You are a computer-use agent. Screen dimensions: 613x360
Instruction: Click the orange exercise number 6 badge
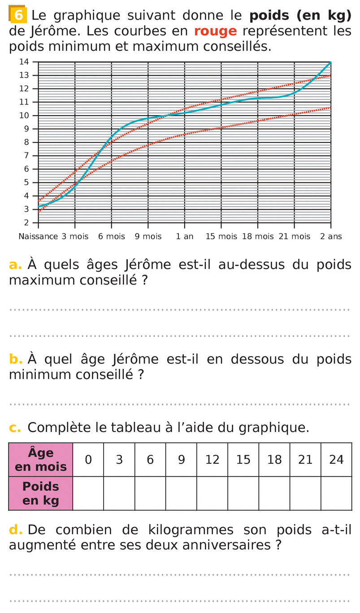pyautogui.click(x=18, y=16)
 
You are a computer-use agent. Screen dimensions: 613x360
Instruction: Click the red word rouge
pyautogui.click(x=215, y=31)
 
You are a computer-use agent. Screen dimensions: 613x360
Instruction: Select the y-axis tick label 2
pyautogui.click(x=26, y=223)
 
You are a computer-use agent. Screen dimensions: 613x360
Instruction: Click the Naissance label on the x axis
pyautogui.click(x=38, y=236)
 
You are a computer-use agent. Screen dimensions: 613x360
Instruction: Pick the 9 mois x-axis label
pyautogui.click(x=148, y=236)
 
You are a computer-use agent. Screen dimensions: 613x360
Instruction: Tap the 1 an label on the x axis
pyautogui.click(x=185, y=236)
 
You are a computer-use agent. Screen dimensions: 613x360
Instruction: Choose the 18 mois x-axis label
pyautogui.click(x=258, y=236)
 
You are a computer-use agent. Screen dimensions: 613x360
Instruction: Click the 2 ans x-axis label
pyautogui.click(x=331, y=236)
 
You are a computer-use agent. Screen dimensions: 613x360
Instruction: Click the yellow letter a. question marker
pyautogui.click(x=15, y=265)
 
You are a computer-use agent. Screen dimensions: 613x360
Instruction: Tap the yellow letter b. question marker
pyautogui.click(x=16, y=359)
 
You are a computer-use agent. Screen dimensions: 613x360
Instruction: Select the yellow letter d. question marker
pyautogui.click(x=16, y=530)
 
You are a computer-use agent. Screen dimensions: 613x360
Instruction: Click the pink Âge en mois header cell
pyautogui.click(x=41, y=460)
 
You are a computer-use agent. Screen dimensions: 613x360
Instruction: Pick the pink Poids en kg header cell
pyautogui.click(x=41, y=493)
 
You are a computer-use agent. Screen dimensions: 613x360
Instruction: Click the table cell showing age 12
pyautogui.click(x=213, y=460)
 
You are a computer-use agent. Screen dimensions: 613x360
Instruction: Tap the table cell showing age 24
pyautogui.click(x=336, y=460)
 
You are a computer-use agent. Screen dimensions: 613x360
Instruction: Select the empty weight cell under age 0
pyautogui.click(x=88, y=493)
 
